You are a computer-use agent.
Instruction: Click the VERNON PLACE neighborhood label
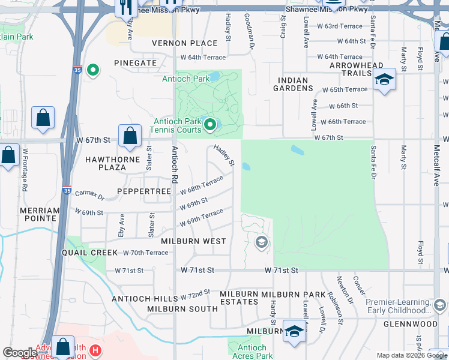point(184,43)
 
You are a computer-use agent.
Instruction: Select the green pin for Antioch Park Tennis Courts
point(209,125)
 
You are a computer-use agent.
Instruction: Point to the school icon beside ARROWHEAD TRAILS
point(384,80)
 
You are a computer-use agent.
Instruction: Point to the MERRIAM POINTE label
point(40,215)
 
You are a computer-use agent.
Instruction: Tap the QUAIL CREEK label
point(89,253)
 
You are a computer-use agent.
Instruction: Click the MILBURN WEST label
point(185,241)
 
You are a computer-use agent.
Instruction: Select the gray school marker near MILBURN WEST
point(261,242)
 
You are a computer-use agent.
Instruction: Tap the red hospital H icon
point(94,350)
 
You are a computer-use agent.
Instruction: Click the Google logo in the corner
point(20,353)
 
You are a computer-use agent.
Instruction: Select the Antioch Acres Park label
point(252,352)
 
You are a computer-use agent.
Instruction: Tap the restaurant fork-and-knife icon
point(125,7)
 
